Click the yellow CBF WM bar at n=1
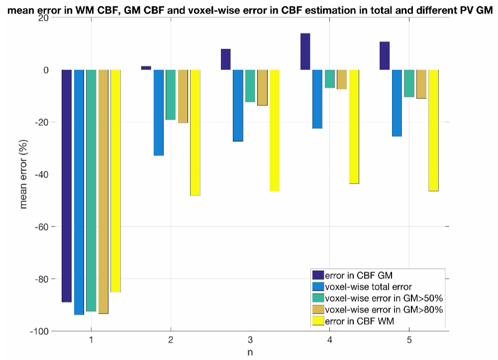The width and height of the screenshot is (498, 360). [x=115, y=181]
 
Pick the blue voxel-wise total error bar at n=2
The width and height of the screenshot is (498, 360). [x=158, y=113]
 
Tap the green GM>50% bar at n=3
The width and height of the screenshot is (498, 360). [x=250, y=86]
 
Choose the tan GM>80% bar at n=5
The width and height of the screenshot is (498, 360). [x=421, y=84]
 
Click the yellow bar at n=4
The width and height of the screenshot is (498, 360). [x=354, y=126]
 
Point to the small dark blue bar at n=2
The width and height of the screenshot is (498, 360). [x=146, y=68]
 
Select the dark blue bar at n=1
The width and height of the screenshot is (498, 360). [x=67, y=186]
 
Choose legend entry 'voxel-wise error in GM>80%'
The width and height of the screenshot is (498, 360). [x=383, y=310]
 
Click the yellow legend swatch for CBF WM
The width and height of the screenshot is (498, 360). [x=317, y=321]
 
